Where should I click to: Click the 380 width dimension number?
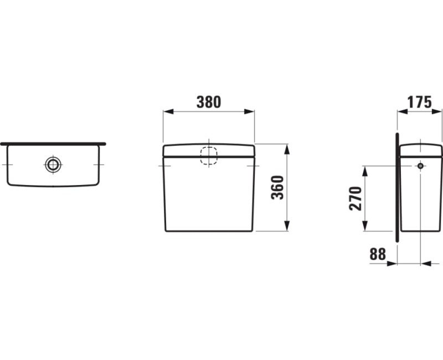209,102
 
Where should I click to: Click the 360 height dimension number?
277,188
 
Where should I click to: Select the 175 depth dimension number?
420,102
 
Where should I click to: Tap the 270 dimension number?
356,198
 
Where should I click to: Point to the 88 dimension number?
378,254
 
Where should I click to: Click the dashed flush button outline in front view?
209,156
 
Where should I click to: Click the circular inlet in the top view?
53,164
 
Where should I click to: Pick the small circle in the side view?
421,166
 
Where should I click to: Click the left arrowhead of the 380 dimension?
168,112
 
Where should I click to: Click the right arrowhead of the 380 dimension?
249,112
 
